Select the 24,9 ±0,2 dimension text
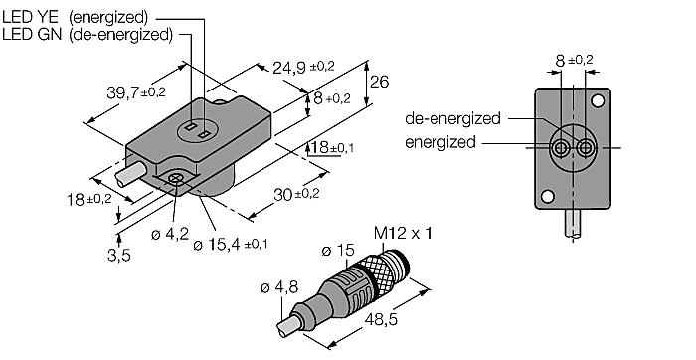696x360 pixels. pos(303,67)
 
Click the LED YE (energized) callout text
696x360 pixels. pos(88,16)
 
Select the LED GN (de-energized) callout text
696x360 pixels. pos(87,34)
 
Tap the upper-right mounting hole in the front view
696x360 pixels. pos(599,101)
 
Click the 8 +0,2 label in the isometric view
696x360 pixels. pos(332,98)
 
